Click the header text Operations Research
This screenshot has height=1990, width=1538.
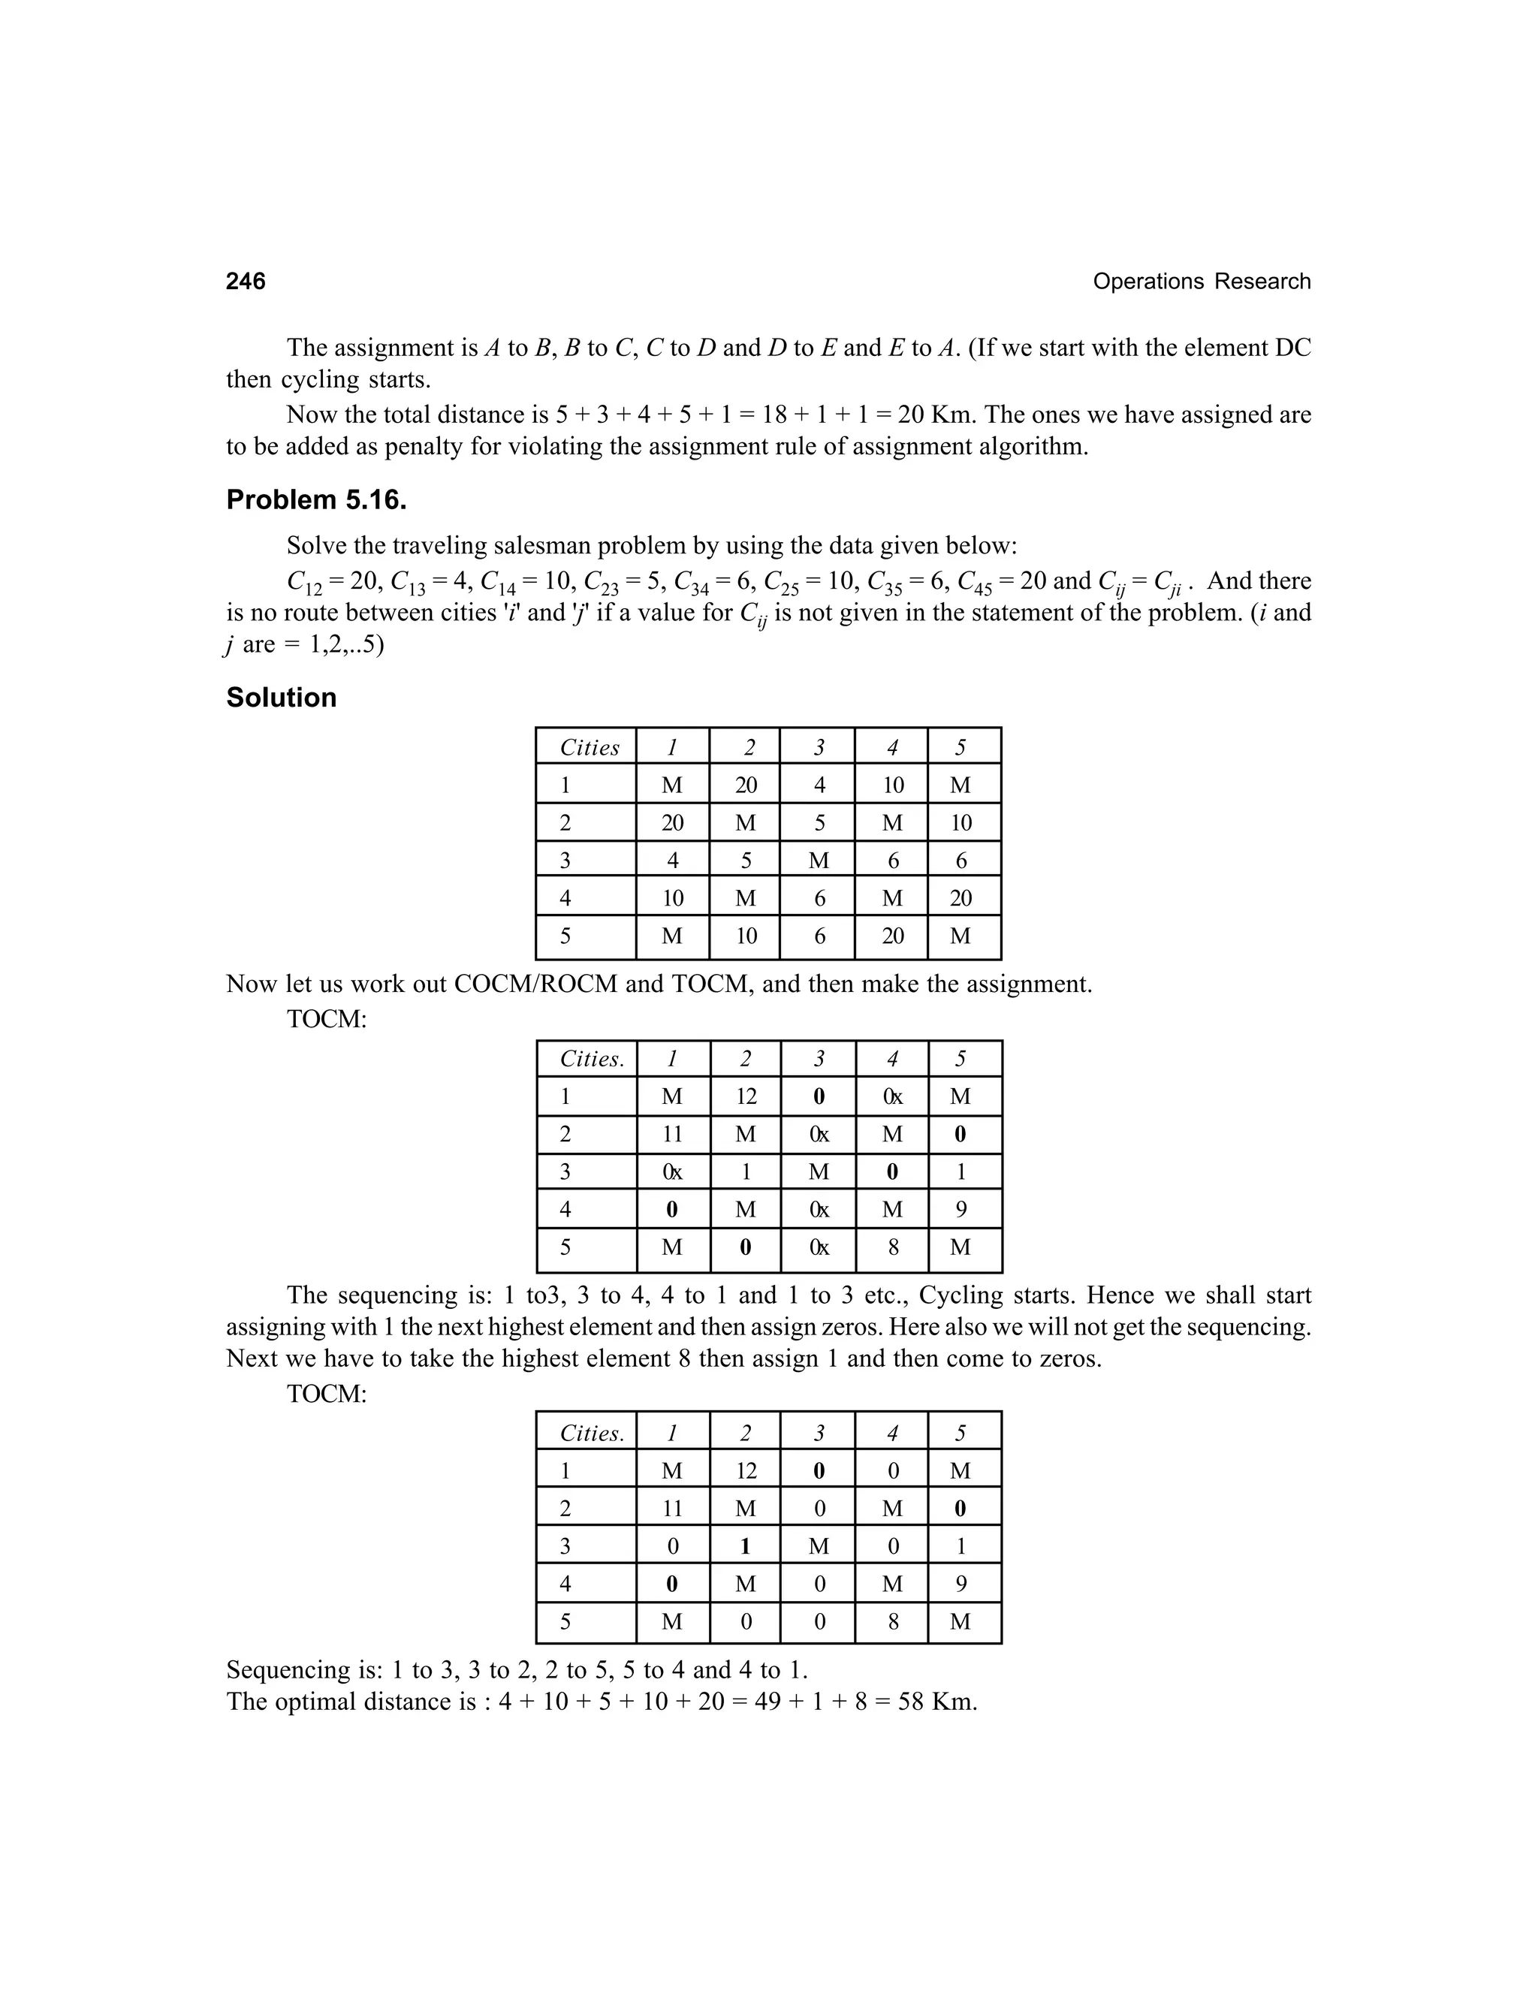pos(1201,282)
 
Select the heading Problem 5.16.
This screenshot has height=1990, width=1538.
pos(316,499)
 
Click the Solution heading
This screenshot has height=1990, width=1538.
pos(281,697)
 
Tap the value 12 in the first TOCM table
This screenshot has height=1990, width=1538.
pos(745,1096)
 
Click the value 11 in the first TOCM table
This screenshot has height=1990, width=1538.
pos(671,1135)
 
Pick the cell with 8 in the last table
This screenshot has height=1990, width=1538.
pos(892,1621)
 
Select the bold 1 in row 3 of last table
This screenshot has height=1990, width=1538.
pos(745,1545)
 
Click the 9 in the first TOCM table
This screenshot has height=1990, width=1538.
pos(960,1209)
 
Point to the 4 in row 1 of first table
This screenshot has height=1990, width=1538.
pos(819,785)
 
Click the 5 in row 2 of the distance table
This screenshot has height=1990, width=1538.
pos(819,823)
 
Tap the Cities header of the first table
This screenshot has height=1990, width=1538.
pos(589,747)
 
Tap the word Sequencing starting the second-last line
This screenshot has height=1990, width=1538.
pos(287,1669)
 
